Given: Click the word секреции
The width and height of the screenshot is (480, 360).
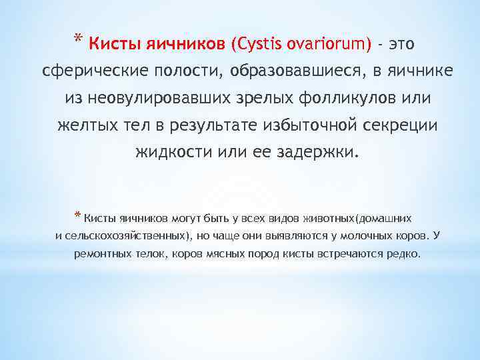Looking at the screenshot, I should (x=401, y=125).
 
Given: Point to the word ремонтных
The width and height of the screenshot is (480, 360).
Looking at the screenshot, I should (x=100, y=254).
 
